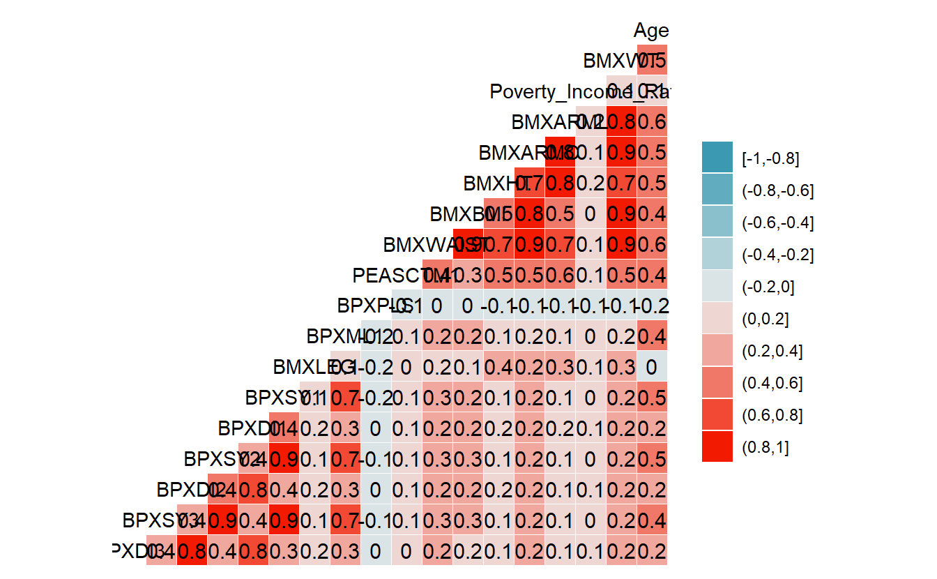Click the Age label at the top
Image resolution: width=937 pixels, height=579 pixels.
[x=651, y=31]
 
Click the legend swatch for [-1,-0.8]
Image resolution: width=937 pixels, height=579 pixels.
[x=717, y=157]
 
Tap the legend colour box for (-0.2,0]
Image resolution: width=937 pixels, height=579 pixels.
[x=717, y=285]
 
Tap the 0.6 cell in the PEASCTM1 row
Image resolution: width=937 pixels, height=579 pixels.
[x=561, y=276]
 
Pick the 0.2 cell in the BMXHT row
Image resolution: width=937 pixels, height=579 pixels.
[x=591, y=184]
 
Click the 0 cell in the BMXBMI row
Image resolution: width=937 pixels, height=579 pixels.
[x=591, y=214]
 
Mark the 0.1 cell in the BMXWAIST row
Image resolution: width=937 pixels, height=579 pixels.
[x=591, y=245]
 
